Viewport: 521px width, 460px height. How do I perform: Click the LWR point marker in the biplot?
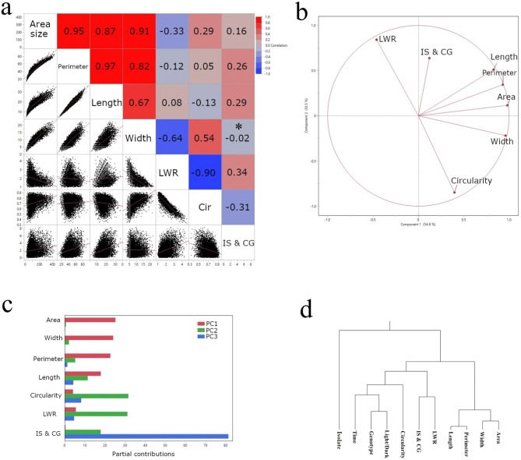point(377,40)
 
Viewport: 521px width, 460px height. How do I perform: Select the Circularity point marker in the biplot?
point(455,193)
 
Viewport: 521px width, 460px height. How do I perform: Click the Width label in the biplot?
point(501,142)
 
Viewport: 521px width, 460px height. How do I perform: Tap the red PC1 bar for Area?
point(90,320)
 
